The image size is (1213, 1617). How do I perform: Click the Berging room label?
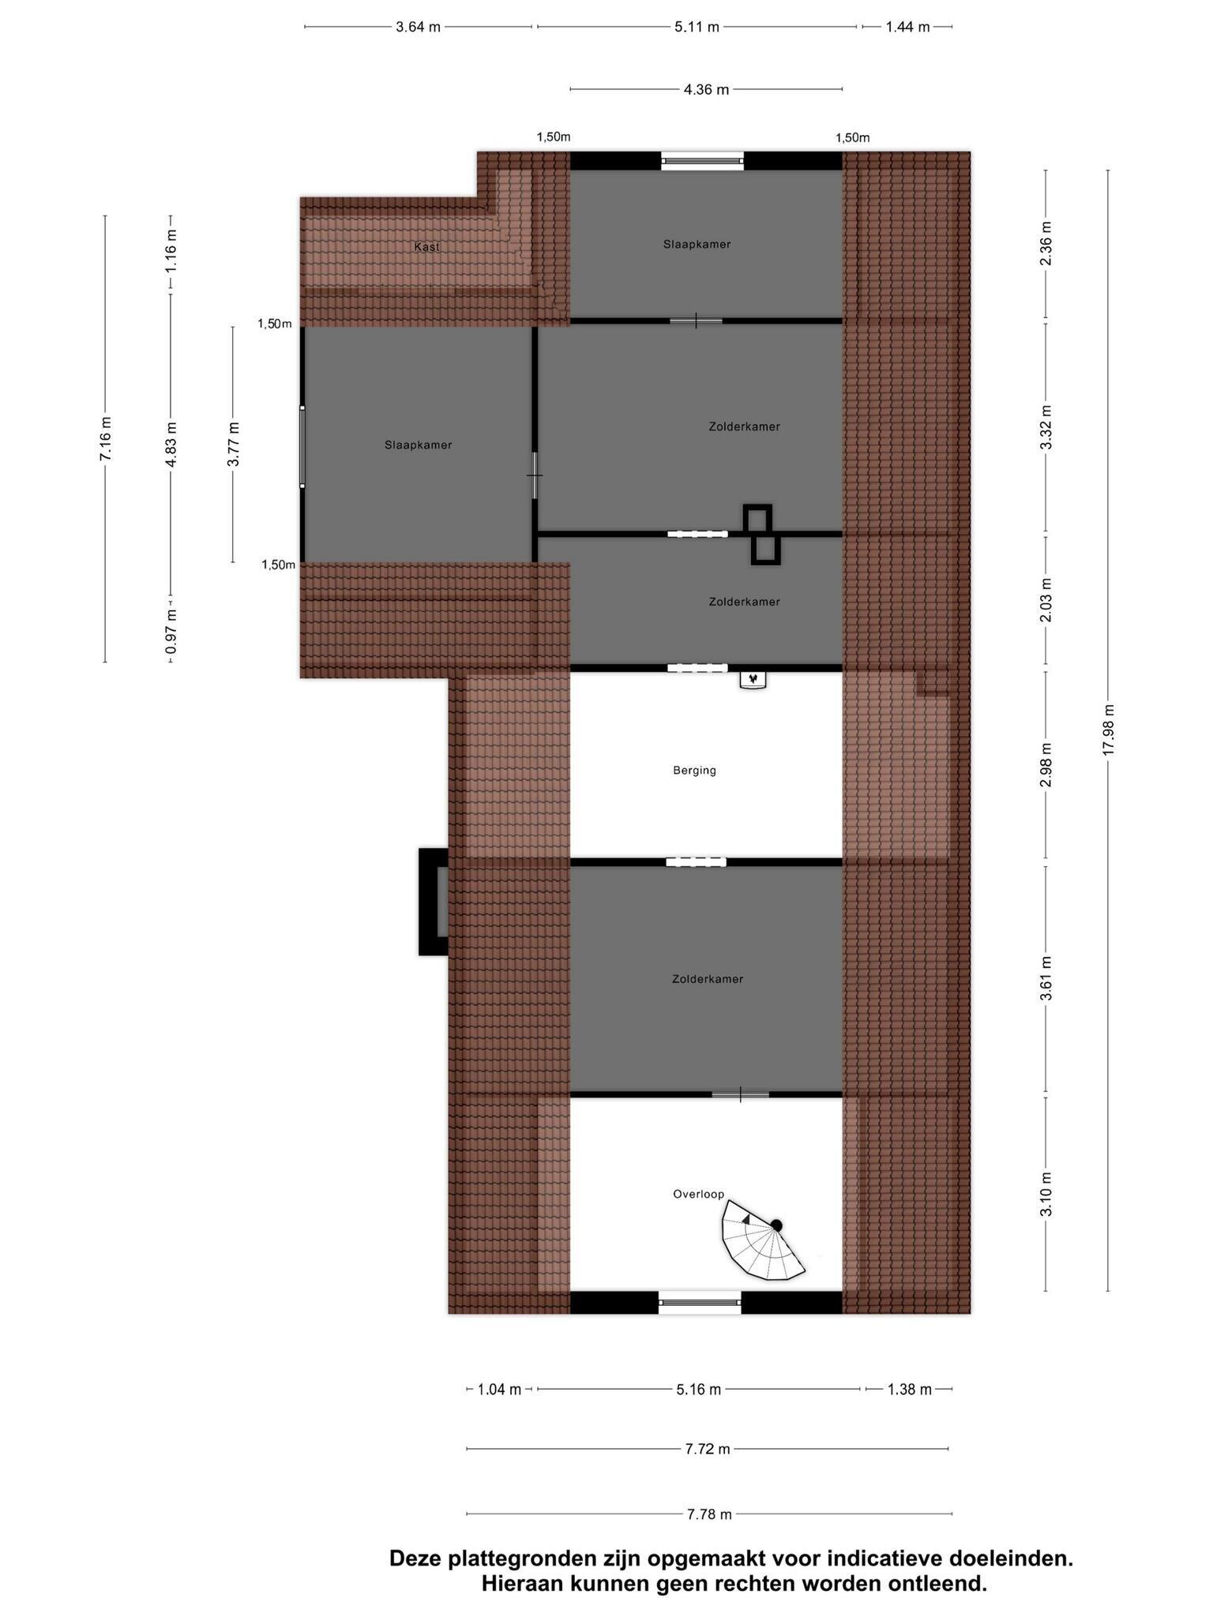point(694,770)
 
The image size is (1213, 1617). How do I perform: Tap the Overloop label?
point(698,1194)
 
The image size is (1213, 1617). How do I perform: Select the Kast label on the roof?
point(426,247)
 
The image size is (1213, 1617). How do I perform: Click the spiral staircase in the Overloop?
point(760,1243)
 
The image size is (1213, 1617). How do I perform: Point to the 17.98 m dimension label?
point(1108,730)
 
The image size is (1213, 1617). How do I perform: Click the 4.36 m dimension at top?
point(706,90)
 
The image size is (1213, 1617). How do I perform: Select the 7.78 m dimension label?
point(708,1514)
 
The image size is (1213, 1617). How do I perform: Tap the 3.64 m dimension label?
point(418,27)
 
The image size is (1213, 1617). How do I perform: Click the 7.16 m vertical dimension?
point(106,439)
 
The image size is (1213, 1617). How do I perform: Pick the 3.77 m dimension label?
point(233,445)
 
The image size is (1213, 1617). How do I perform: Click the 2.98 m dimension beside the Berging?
point(1046,765)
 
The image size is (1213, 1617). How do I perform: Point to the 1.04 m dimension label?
point(499,1389)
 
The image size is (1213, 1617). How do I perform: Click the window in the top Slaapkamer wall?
point(702,161)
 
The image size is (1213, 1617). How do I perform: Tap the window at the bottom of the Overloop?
point(700,1302)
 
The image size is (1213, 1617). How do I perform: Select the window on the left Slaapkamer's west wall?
point(302,446)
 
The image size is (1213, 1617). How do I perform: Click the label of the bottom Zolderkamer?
point(707,979)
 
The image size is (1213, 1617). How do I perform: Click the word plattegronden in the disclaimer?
point(522,1559)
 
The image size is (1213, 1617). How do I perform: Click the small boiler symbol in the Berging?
point(753,679)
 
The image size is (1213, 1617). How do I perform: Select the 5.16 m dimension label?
point(698,1389)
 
